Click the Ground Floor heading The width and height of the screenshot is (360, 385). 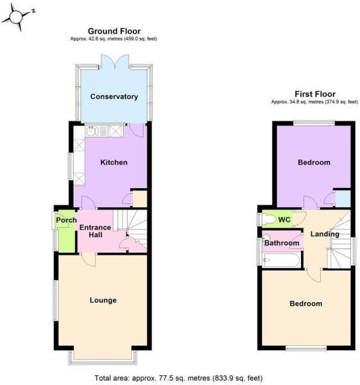[114, 31]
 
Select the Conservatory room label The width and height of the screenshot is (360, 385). [114, 97]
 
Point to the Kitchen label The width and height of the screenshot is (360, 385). [114, 162]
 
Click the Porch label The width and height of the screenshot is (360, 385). [66, 221]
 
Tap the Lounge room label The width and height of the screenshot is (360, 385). [103, 300]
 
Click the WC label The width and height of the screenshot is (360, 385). [284, 220]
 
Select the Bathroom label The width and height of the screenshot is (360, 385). [282, 243]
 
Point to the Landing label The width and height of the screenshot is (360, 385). [325, 234]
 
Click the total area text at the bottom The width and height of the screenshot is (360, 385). [178, 378]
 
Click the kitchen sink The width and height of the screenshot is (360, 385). [93, 131]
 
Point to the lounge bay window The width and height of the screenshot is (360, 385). [103, 355]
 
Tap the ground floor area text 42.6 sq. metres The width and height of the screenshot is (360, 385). [114, 39]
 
